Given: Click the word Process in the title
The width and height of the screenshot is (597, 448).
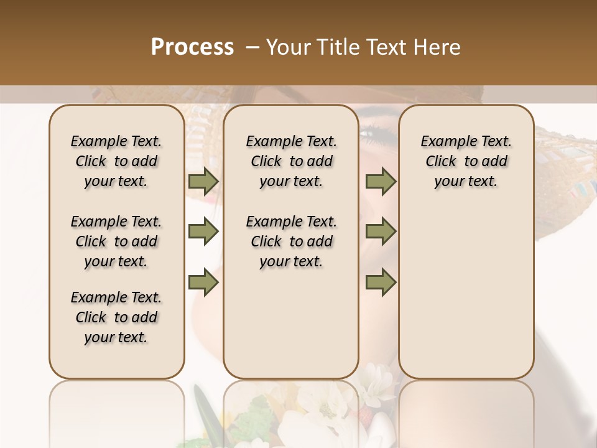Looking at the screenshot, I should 192,47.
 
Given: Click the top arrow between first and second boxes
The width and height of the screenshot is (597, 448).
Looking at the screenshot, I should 203,182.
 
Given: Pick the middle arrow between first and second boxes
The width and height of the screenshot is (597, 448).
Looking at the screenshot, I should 203,232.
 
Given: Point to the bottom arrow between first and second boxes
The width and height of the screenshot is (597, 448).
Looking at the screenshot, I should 203,282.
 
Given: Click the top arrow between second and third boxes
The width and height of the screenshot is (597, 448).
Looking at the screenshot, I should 381,182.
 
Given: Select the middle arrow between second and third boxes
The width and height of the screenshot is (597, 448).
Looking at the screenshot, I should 381,232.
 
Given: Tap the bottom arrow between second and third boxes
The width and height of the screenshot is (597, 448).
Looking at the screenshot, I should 381,282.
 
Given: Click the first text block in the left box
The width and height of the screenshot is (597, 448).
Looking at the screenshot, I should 116,161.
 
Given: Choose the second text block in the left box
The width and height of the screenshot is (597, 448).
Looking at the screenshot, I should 116,241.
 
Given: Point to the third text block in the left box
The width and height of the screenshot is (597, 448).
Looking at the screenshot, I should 116,317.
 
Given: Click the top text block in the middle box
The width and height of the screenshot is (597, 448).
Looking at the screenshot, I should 291,161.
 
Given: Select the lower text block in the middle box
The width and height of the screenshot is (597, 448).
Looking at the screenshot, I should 291,241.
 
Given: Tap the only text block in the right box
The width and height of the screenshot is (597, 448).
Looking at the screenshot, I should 466,161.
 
